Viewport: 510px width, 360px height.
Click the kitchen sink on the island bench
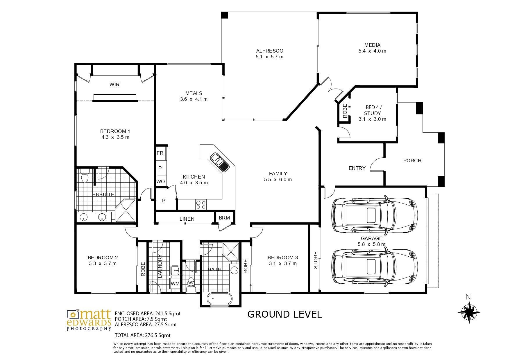(220, 162)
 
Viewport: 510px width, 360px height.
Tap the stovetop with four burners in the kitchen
(201, 204)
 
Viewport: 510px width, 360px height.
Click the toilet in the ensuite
(85, 176)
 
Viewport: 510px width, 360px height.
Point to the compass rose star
(469, 312)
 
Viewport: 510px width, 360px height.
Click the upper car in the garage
(375, 215)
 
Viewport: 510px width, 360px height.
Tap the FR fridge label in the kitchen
(160, 153)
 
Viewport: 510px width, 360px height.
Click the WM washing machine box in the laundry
(175, 284)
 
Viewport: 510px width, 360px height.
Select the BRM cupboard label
(224, 218)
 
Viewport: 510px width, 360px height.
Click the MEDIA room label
(372, 45)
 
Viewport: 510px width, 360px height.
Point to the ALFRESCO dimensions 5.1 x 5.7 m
(269, 57)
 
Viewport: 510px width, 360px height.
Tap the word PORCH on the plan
(412, 161)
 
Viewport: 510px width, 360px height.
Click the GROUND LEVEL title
(284, 314)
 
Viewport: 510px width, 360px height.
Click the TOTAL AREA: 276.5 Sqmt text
(143, 335)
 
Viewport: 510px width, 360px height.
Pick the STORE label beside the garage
(316, 260)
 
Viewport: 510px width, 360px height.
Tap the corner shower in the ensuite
(126, 210)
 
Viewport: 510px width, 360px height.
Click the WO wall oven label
(160, 182)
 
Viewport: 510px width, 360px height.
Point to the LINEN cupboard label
(187, 219)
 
